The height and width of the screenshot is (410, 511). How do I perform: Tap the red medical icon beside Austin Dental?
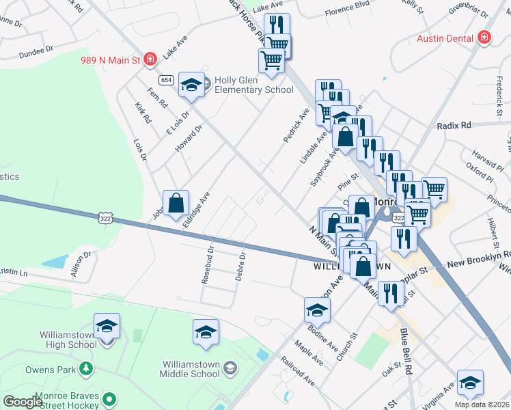[485, 38]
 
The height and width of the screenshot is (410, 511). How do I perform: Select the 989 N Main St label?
[109, 60]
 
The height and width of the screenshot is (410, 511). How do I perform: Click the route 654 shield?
[167, 81]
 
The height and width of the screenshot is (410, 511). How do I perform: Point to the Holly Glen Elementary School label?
[254, 85]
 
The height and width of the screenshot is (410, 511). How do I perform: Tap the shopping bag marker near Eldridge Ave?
[176, 202]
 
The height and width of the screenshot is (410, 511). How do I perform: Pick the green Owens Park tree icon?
[86, 369]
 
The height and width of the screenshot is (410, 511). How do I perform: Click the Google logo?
[23, 402]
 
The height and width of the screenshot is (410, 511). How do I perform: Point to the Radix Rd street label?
[455, 126]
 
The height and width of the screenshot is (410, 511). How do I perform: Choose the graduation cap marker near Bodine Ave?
[317, 310]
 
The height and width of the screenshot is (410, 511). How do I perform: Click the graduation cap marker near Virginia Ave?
[470, 383]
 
